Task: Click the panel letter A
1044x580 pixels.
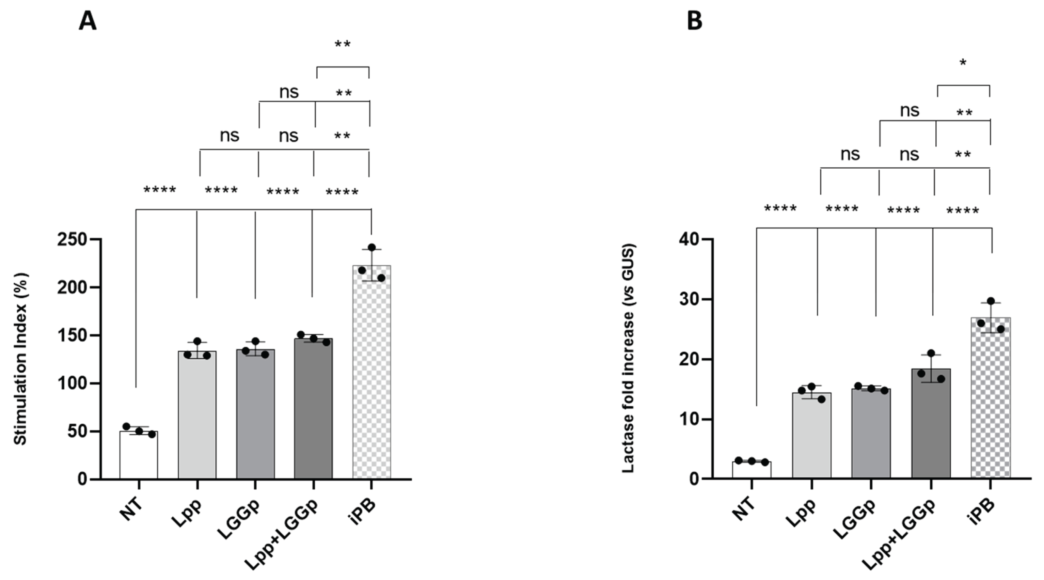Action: pos(88,21)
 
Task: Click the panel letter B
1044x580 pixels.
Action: pos(695,21)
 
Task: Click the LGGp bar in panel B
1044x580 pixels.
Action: pos(871,434)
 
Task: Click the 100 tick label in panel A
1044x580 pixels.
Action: pos(73,383)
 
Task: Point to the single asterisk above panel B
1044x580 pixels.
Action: pos(963,63)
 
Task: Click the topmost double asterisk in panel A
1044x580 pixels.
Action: pos(343,45)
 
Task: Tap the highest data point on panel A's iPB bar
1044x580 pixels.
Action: pos(371,247)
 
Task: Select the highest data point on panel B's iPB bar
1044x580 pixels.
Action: pos(991,301)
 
